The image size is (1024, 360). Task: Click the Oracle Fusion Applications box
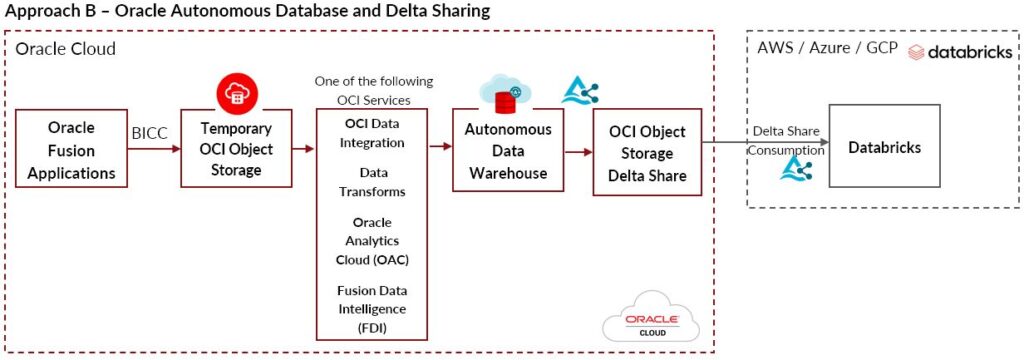click(x=71, y=151)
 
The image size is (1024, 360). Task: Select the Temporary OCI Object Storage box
click(x=236, y=150)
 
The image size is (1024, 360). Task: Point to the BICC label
click(x=149, y=131)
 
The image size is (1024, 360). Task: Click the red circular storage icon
click(x=237, y=92)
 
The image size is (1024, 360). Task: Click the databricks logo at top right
click(x=959, y=51)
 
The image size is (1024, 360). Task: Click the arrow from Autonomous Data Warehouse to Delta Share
click(x=576, y=152)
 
